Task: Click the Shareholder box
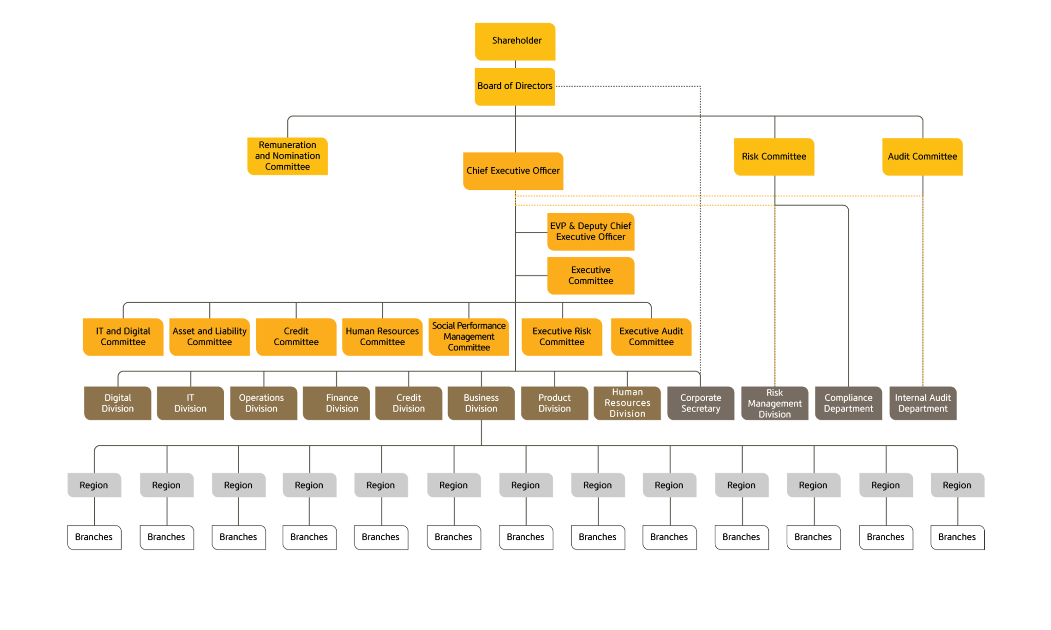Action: pos(515,41)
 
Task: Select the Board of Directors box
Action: pos(515,86)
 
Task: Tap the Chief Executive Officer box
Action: pos(513,171)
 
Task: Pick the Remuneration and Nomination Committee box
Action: pos(287,156)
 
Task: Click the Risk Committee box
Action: pos(774,156)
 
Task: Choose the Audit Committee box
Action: pos(922,156)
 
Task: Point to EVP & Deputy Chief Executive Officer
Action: pos(591,231)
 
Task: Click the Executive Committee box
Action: pos(591,275)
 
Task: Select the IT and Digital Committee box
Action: pos(123,337)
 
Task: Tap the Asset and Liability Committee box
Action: pos(209,337)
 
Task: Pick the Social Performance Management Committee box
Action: pos(469,337)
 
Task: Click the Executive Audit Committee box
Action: pos(651,337)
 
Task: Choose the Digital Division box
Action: pos(118,403)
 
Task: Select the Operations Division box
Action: pos(263,403)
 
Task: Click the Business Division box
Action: pos(481,403)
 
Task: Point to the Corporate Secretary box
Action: pos(700,403)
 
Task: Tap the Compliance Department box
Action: pos(848,403)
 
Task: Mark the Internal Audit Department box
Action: pos(923,403)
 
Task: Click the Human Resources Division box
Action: pos(627,403)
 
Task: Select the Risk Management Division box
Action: pos(774,403)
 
